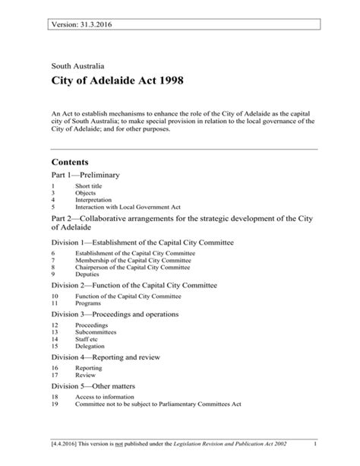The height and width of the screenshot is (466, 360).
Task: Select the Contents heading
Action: tap(70, 162)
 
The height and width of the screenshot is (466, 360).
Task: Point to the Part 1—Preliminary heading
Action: tap(85, 175)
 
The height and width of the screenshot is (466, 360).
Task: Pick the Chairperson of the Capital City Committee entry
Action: tap(132, 268)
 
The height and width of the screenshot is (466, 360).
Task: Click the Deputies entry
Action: tap(89, 274)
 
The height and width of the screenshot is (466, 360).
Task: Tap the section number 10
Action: tap(55, 296)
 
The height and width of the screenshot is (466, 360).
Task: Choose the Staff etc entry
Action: tap(88, 338)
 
